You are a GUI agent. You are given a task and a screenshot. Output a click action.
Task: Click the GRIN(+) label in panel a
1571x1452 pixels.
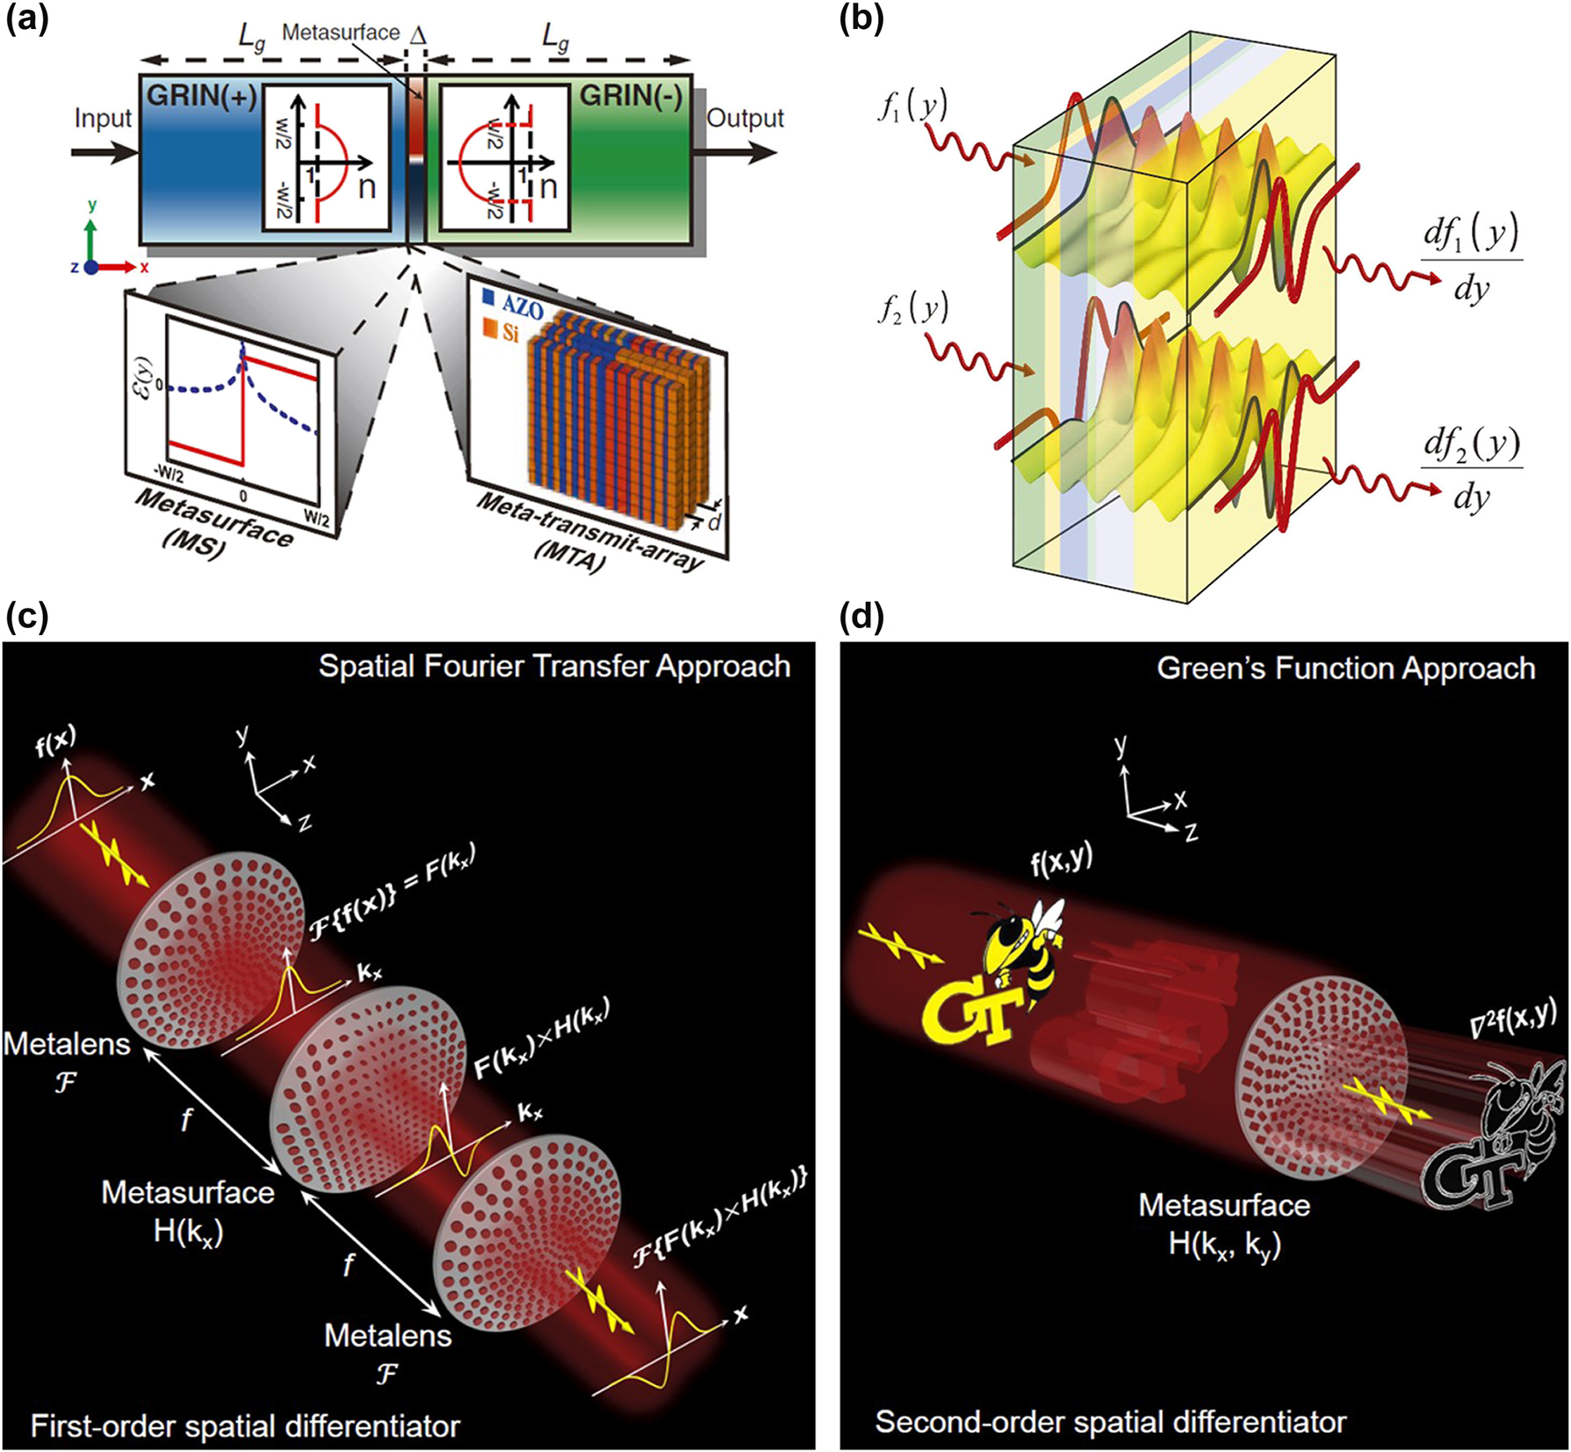click(201, 96)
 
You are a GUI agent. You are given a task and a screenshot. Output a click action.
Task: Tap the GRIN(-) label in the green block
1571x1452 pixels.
click(630, 96)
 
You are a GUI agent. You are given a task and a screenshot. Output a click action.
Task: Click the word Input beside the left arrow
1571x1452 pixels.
click(103, 119)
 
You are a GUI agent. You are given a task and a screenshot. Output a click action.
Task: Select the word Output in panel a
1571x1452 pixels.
click(745, 119)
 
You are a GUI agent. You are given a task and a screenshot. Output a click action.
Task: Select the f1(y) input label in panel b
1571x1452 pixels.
click(912, 110)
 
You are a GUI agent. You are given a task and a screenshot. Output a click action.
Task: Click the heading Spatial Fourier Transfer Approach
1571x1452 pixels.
click(554, 666)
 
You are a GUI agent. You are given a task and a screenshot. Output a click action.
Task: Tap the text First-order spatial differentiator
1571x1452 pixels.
click(245, 1425)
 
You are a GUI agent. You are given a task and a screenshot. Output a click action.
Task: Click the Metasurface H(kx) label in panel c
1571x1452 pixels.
click(188, 1211)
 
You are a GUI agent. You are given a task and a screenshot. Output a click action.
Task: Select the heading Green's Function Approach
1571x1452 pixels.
click(1345, 668)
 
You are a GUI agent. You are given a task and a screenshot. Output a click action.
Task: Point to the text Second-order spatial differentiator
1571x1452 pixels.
click(1110, 1421)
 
